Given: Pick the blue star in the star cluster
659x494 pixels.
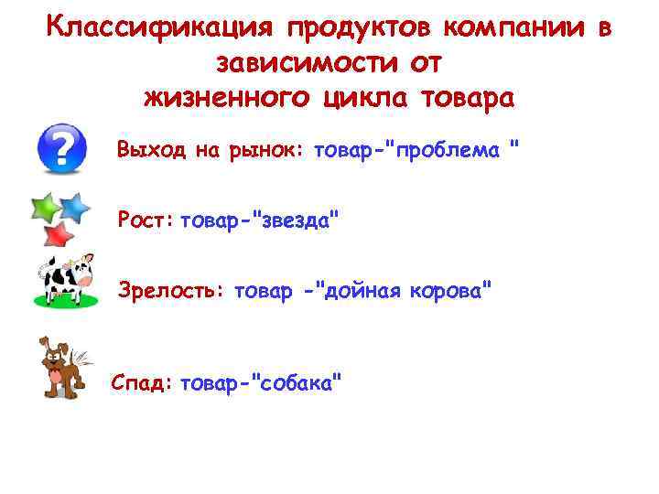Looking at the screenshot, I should [x=76, y=208].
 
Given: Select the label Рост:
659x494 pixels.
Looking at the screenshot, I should [x=146, y=220].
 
